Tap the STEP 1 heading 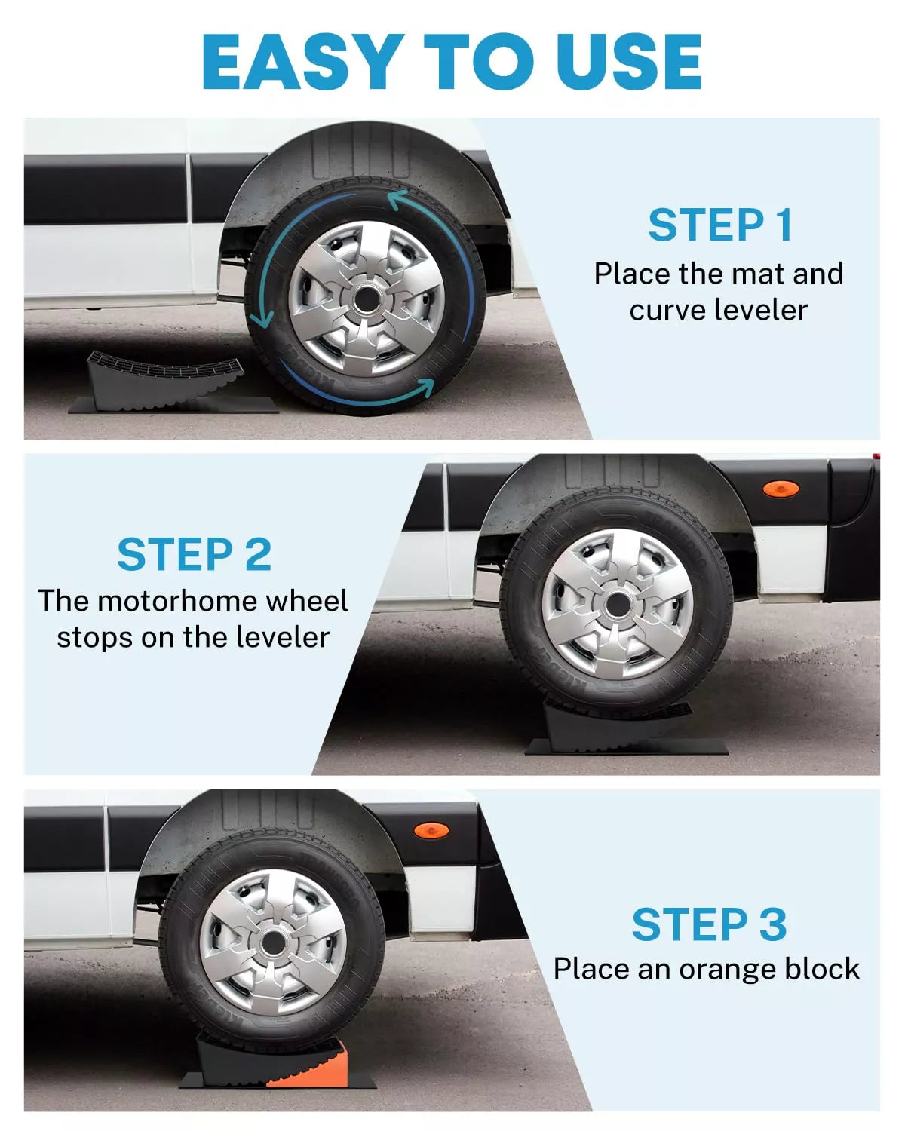(720, 225)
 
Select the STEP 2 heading (194, 555)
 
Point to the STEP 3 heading (709, 924)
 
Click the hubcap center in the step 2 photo (618, 604)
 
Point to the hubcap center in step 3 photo (273, 942)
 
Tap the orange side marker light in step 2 (780, 489)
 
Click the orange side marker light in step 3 (431, 830)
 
